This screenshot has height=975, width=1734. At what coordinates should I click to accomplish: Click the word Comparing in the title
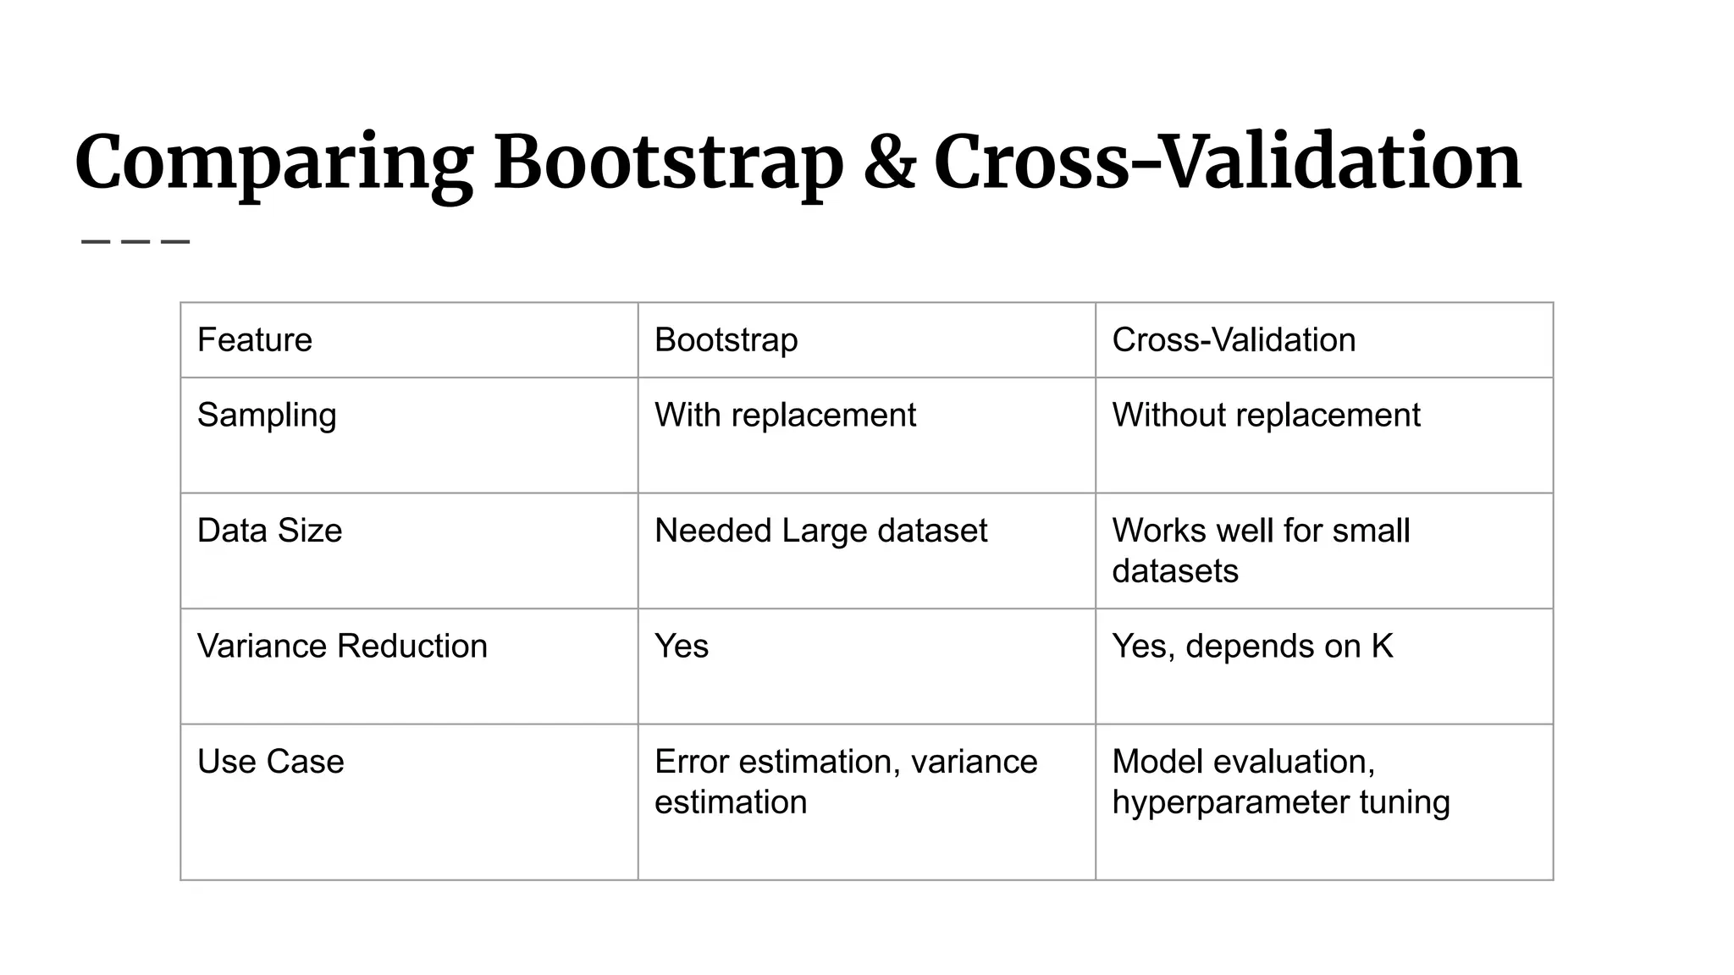(273, 162)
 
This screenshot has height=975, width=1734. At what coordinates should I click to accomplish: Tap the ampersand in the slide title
(889, 162)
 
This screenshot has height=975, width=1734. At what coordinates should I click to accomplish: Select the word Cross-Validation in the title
(1228, 162)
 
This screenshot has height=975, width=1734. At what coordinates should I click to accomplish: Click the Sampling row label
(267, 416)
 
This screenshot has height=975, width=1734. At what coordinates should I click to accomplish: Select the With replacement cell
(785, 416)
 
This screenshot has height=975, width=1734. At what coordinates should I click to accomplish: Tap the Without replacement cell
(1266, 416)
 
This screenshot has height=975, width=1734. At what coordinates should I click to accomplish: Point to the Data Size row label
(269, 531)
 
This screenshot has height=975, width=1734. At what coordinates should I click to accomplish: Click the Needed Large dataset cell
(820, 531)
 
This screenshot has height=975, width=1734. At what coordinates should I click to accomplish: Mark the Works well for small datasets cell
(1261, 550)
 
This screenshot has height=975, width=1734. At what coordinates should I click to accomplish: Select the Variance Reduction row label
(342, 646)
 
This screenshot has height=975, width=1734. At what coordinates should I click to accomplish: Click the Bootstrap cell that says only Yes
(682, 646)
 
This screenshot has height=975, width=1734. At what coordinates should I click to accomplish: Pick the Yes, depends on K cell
(1252, 646)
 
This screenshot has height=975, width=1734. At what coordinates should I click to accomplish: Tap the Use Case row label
(270, 762)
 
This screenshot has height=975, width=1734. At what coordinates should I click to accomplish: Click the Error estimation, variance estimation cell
(845, 781)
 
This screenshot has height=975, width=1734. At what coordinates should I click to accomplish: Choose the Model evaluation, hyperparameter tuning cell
(1280, 781)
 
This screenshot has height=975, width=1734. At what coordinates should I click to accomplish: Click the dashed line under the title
(135, 242)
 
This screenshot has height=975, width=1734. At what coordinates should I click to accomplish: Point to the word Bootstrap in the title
(668, 162)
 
